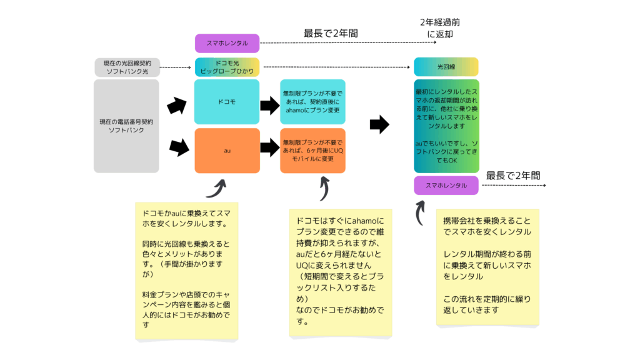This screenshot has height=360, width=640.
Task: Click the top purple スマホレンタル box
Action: tap(227, 43)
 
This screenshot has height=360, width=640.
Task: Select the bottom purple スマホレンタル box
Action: tap(446, 186)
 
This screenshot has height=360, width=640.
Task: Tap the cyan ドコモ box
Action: tap(227, 101)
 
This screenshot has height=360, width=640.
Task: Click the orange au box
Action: tap(227, 151)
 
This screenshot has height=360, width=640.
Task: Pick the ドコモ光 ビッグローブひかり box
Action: tap(227, 67)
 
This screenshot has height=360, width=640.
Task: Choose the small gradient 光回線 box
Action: tap(446, 67)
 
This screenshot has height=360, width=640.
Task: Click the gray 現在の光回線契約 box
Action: tap(127, 67)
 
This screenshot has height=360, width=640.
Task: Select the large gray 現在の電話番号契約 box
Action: tap(126, 126)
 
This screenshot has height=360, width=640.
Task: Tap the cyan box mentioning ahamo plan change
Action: tap(312, 101)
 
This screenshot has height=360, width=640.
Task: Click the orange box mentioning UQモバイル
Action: tap(312, 151)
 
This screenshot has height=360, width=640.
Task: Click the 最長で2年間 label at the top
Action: tap(331, 33)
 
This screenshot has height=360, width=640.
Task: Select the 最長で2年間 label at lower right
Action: tap(513, 176)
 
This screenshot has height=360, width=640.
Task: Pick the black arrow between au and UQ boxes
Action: tap(269, 148)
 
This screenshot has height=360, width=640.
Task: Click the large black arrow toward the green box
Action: tap(379, 124)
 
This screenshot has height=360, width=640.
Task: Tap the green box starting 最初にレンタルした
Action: tap(446, 126)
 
